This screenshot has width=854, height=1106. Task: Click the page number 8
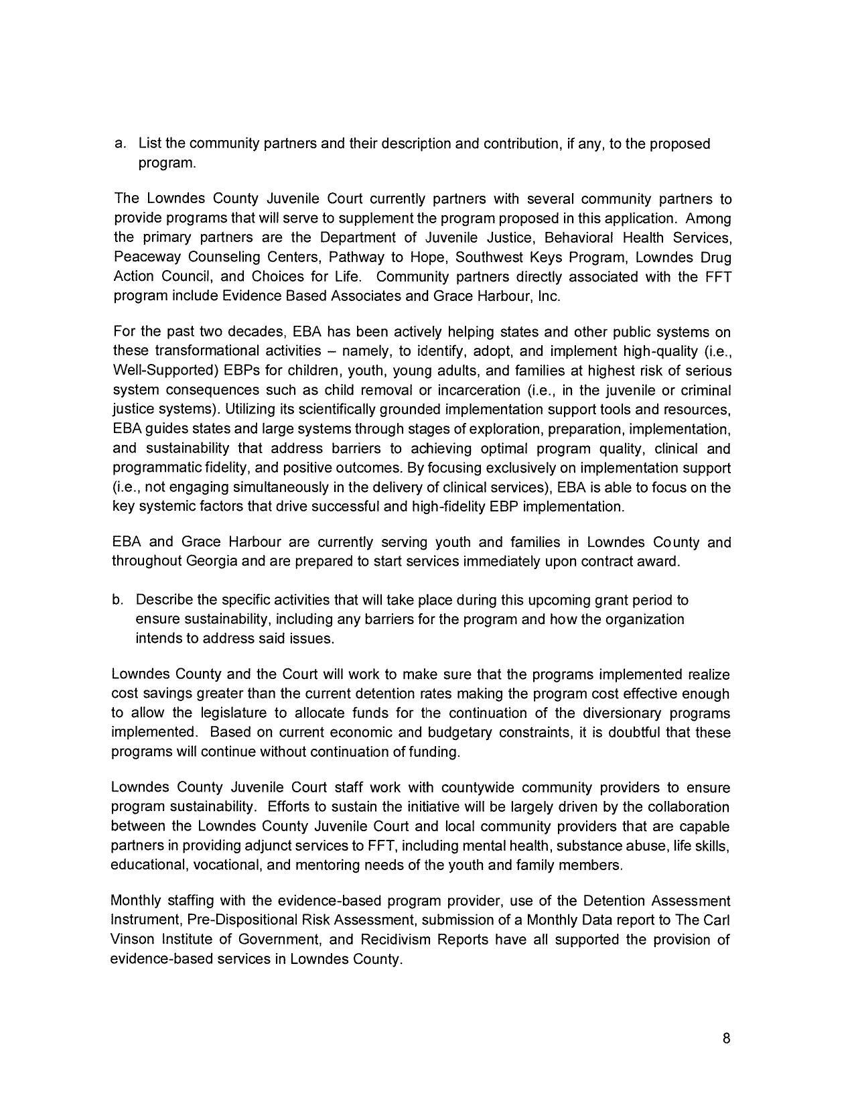(726, 1039)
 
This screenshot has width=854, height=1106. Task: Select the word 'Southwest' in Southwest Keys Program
(486, 257)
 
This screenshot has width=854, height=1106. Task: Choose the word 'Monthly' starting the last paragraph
(135, 900)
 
